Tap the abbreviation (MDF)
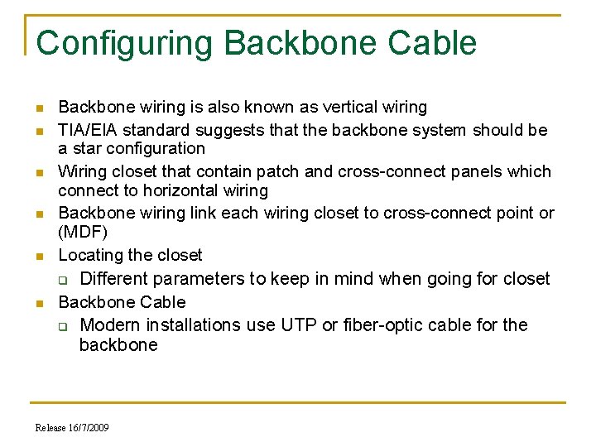tap(83, 233)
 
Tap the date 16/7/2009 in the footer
tap(88, 428)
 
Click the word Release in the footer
tap(50, 428)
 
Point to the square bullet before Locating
tap(39, 257)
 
